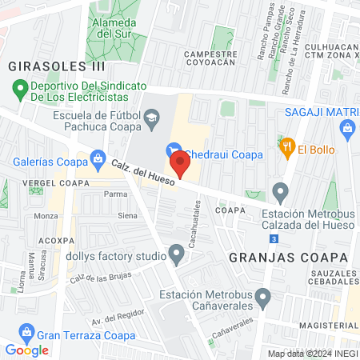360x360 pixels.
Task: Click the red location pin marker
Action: coord(182,166)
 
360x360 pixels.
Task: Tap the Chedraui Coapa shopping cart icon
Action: coord(171,150)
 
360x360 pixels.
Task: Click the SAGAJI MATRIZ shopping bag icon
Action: coord(346,128)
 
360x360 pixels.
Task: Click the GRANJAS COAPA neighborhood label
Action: coord(289,258)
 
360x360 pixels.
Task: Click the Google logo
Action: coord(26,350)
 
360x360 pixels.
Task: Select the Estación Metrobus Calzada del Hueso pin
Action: coord(280,191)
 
